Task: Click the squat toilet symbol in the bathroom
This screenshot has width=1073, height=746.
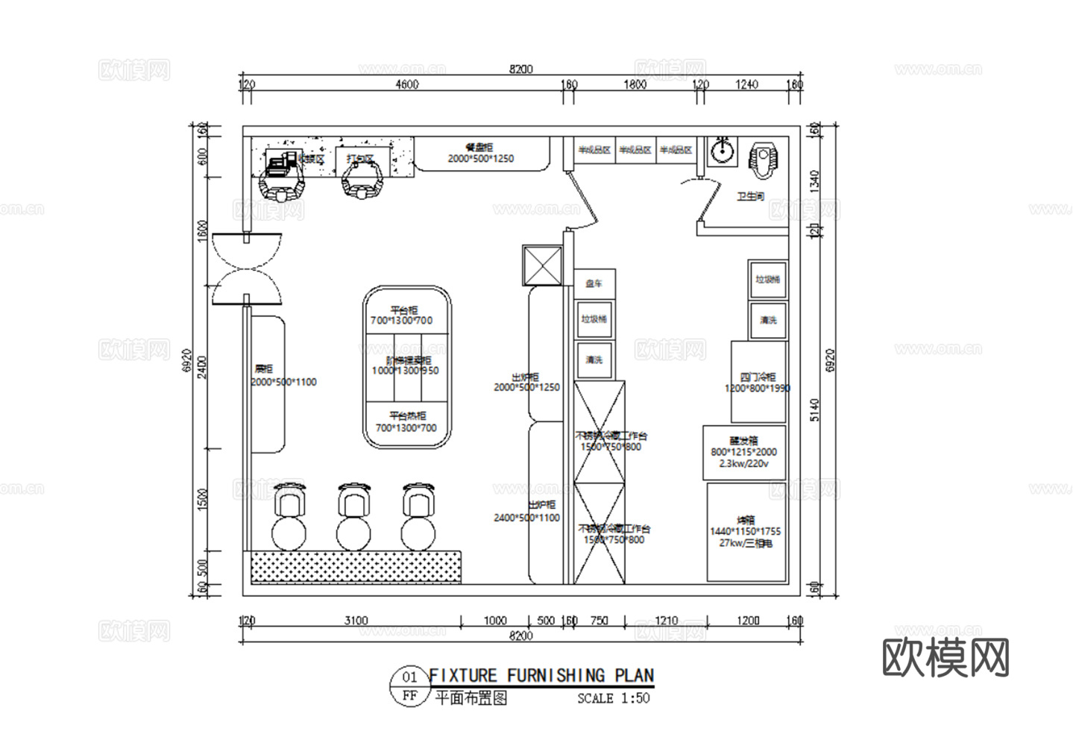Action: pos(764,159)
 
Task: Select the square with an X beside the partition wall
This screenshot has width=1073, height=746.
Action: pos(542,266)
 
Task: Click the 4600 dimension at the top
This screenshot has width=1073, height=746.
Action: pos(406,84)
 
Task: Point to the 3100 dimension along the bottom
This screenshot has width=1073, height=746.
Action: pos(356,621)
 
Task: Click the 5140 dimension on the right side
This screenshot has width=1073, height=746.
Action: pos(814,410)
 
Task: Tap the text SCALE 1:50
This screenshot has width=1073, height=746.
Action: pos(613,699)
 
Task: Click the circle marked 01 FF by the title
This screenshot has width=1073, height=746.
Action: pos(409,686)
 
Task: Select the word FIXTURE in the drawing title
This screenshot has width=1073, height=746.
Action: pos(462,676)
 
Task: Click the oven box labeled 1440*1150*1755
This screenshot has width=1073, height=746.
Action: pos(746,532)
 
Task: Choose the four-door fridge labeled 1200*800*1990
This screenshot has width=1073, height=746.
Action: pos(758,382)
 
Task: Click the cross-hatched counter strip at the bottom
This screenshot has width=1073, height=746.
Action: pos(356,567)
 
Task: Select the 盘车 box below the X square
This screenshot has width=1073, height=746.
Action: pos(594,283)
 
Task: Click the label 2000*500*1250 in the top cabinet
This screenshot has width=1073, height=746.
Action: pos(480,159)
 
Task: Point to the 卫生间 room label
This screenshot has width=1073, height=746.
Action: pos(750,196)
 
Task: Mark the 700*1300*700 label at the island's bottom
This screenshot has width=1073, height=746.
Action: pos(406,428)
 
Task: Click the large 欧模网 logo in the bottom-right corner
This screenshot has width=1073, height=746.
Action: pos(945,658)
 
